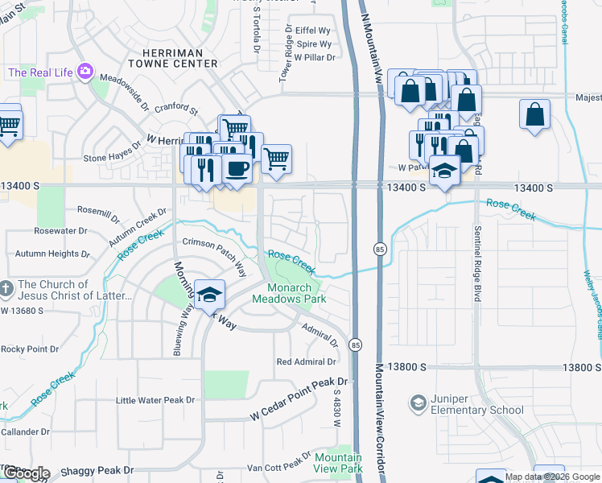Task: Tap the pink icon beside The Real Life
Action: click(84, 73)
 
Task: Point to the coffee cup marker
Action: click(237, 169)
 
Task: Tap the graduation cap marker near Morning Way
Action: click(209, 295)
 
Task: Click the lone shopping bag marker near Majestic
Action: click(534, 114)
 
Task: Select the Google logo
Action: click(26, 473)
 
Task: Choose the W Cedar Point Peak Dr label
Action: click(298, 410)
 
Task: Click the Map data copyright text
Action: click(552, 477)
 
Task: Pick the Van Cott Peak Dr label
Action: click(278, 467)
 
